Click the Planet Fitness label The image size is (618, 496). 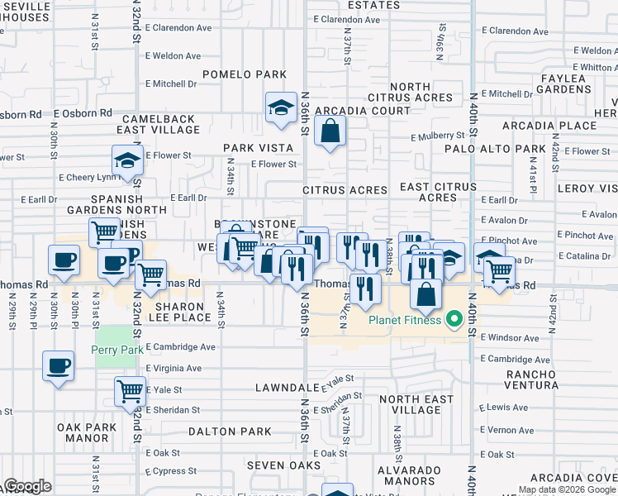(x=405, y=320)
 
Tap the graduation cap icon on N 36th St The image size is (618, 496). (x=281, y=107)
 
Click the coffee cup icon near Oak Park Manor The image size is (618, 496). (x=58, y=365)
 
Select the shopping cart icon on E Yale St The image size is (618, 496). (x=131, y=390)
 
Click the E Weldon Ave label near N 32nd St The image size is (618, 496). (x=174, y=56)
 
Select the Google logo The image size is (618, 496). (x=27, y=486)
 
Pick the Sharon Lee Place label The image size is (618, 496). (x=183, y=312)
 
